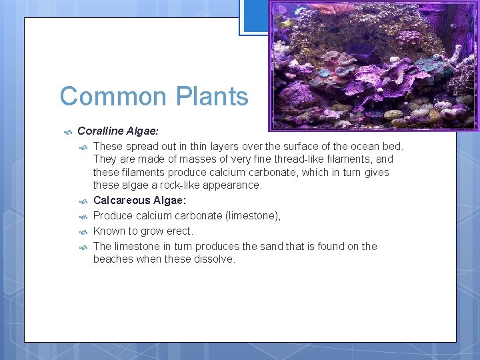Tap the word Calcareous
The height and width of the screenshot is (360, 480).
pos(121,201)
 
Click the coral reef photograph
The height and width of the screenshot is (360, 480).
pos(373,65)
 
